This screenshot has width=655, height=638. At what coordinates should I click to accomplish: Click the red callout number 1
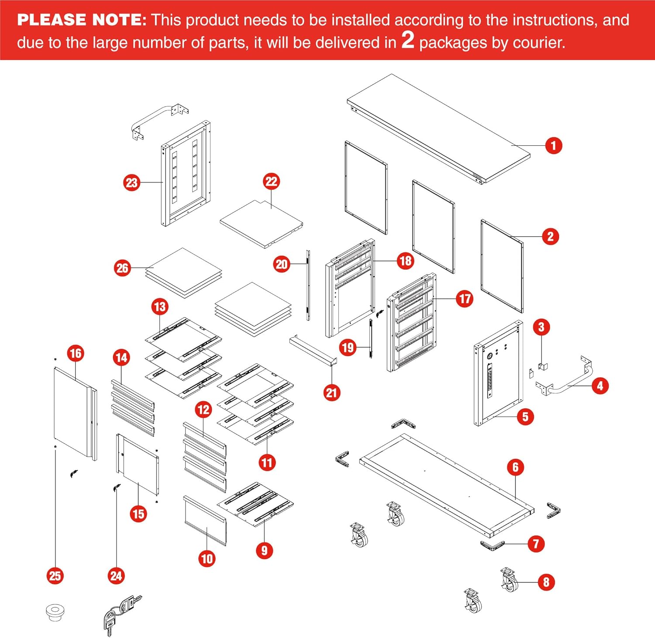(x=553, y=145)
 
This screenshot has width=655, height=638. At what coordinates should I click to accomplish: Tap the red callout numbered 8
(x=546, y=582)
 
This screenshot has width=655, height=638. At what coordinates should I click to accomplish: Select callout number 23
(x=131, y=183)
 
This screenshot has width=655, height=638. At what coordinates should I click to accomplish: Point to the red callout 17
(x=465, y=299)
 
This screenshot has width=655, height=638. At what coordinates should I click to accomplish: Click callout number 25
(x=55, y=576)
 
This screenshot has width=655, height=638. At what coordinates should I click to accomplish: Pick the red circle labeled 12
(x=203, y=410)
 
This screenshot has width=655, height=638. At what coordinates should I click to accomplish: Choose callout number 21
(x=331, y=393)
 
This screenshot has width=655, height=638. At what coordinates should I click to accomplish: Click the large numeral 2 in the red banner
(x=407, y=40)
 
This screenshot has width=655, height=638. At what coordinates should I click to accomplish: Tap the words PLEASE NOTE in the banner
(x=81, y=20)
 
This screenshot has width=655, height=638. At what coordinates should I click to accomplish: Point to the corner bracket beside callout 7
(x=492, y=545)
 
